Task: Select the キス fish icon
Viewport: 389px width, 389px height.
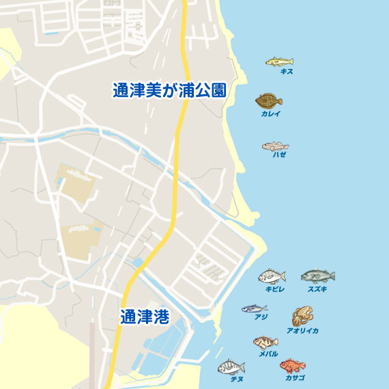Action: tap(279, 61)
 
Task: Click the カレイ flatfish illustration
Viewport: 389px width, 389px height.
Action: tap(269, 101)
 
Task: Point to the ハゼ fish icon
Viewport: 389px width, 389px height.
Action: tap(275, 145)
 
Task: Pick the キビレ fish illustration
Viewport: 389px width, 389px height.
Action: tap(272, 276)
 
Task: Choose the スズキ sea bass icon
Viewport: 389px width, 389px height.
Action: tap(317, 276)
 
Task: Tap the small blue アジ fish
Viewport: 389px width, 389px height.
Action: tap(254, 308)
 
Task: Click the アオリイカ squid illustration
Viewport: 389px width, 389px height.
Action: tap(302, 316)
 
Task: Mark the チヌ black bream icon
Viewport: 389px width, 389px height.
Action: tap(231, 367)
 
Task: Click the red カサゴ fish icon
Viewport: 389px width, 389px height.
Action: tap(292, 366)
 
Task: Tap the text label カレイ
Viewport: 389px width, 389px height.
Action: tap(270, 114)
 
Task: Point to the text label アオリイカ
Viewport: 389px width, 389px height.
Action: tap(302, 330)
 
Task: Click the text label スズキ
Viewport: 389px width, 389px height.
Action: tap(317, 289)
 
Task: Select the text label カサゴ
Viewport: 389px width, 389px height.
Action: tap(295, 377)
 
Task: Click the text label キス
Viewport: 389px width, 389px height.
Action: tap(287, 71)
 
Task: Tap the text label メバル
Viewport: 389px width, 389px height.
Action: tap(268, 354)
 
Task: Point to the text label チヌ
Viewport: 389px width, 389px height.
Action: tap(237, 379)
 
